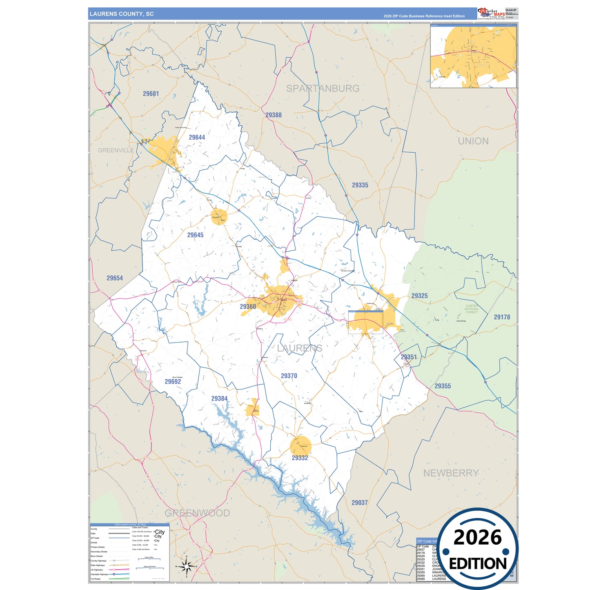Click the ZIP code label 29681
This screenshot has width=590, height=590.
151,94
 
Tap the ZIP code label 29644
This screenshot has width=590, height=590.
197,137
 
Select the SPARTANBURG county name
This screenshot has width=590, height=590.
323,88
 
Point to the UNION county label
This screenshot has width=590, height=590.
473,141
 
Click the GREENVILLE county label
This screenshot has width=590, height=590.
116,150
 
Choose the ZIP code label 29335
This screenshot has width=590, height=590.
360,185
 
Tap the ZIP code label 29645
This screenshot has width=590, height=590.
195,235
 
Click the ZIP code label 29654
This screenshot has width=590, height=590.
115,278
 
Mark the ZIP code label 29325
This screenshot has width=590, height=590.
419,296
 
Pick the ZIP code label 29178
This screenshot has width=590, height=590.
502,317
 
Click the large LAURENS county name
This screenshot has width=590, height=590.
300,348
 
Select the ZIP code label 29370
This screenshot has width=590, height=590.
289,376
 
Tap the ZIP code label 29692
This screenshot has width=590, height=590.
173,381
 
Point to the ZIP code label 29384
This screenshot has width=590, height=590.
219,399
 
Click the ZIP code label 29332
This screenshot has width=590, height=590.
300,458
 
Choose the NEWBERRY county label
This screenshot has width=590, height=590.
451,473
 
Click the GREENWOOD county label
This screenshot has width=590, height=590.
197,513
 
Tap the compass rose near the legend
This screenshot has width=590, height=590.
187,566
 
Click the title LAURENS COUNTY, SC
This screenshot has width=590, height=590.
122,14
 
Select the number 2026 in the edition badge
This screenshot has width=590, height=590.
477,537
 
